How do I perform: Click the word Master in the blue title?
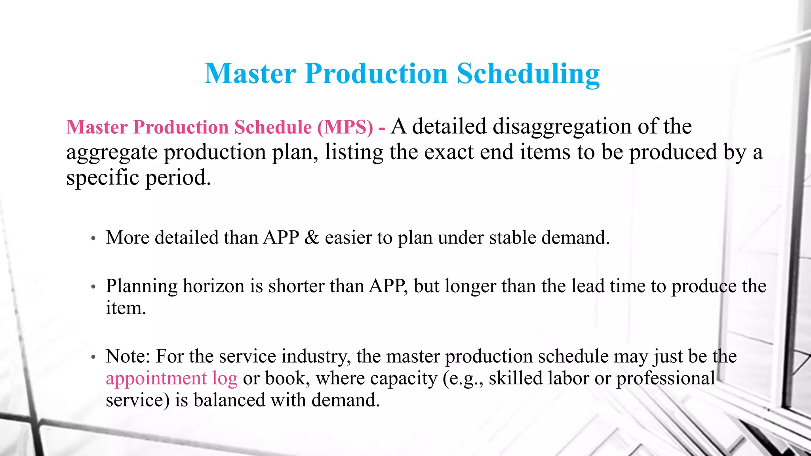coord(250,74)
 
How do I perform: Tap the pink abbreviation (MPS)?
coord(345,127)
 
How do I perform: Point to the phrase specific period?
coord(138,178)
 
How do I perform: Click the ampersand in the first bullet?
coord(312,238)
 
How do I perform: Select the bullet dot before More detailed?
coord(93,239)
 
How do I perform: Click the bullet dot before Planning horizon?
coord(93,287)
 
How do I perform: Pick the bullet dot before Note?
coord(93,357)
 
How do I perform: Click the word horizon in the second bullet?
coord(213,286)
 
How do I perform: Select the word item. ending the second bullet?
coord(126,308)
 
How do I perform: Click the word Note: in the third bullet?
coord(128,356)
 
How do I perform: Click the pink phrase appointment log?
coord(171,378)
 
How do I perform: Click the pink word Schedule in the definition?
coord(273,127)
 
